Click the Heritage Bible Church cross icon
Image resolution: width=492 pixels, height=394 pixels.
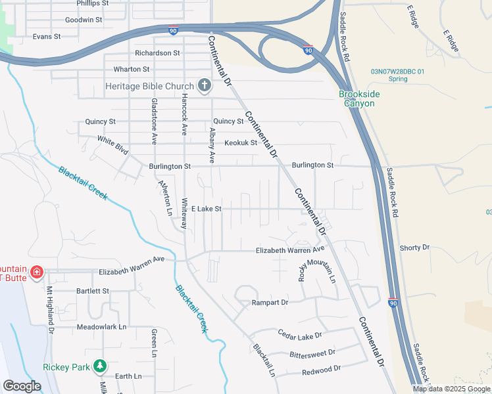click(205, 85)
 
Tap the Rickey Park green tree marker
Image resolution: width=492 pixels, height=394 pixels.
click(99, 366)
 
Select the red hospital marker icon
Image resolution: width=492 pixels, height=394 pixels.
click(37, 272)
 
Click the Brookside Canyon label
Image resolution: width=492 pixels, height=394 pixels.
click(359, 99)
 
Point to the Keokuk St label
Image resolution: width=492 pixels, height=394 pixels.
click(240, 142)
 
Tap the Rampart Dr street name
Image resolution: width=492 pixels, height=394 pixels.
click(270, 303)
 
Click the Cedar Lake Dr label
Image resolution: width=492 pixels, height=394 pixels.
click(299, 336)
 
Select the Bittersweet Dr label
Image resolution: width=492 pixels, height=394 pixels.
click(312, 353)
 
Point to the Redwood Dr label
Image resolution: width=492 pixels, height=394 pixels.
click(321, 370)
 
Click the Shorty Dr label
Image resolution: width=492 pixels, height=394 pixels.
click(414, 248)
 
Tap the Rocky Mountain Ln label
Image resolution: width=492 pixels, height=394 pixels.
click(317, 263)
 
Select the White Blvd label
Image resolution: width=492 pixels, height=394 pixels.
click(112, 144)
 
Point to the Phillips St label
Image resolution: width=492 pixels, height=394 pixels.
click(92, 3)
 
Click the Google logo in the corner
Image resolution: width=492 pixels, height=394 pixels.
click(22, 386)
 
